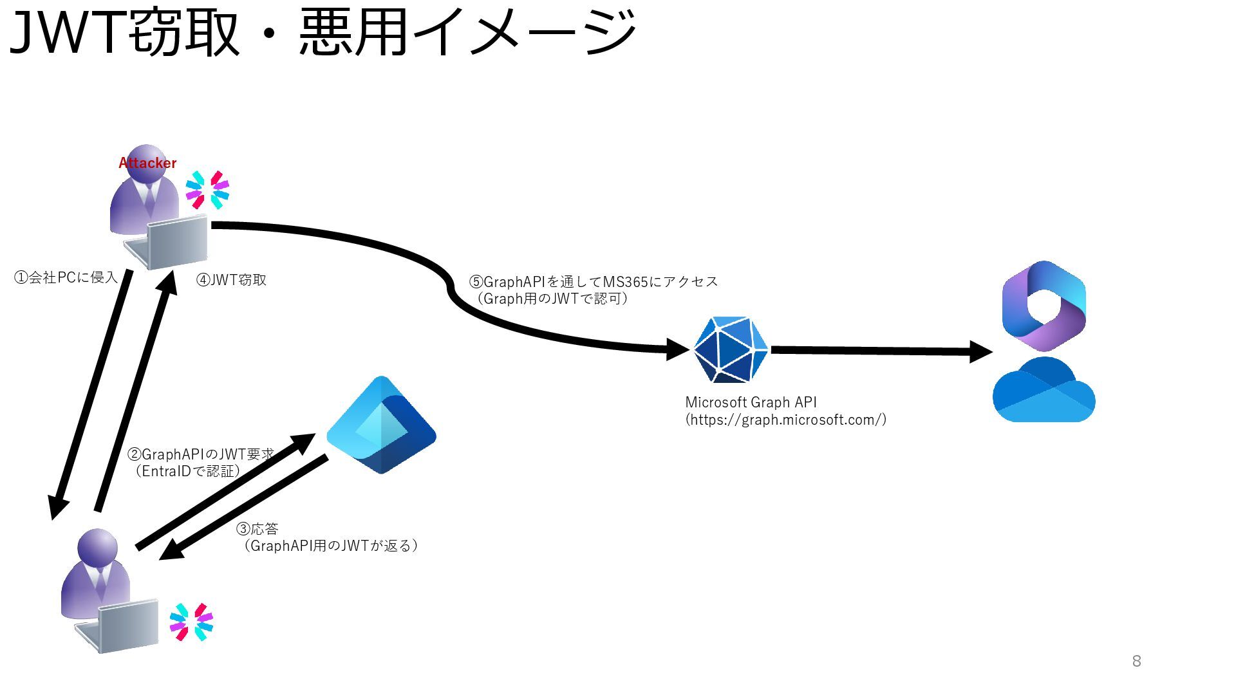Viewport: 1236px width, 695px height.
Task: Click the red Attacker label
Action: click(x=147, y=163)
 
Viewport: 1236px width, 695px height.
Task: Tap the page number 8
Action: click(x=1136, y=661)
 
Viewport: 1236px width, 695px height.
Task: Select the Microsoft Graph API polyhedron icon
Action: click(x=731, y=349)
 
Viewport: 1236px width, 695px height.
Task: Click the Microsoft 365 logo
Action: click(x=1044, y=306)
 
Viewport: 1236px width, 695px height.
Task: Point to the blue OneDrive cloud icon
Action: click(x=1044, y=391)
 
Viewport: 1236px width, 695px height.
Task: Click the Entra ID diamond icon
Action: click(x=381, y=425)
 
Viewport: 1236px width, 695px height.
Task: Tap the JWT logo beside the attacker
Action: click(x=207, y=190)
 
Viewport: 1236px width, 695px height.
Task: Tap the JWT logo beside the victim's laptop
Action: click(x=191, y=622)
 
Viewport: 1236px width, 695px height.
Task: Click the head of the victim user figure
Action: click(x=97, y=548)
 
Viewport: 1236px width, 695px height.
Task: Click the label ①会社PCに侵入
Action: click(x=66, y=277)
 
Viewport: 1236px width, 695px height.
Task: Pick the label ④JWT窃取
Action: click(x=231, y=280)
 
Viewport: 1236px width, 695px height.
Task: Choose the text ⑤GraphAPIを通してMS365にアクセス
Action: click(x=593, y=282)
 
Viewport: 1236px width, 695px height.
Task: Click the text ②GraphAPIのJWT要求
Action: click(x=201, y=454)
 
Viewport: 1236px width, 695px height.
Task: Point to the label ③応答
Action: click(x=257, y=529)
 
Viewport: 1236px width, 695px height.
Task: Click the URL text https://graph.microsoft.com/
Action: click(x=785, y=420)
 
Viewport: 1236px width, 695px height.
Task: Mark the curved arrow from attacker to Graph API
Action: click(x=451, y=290)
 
